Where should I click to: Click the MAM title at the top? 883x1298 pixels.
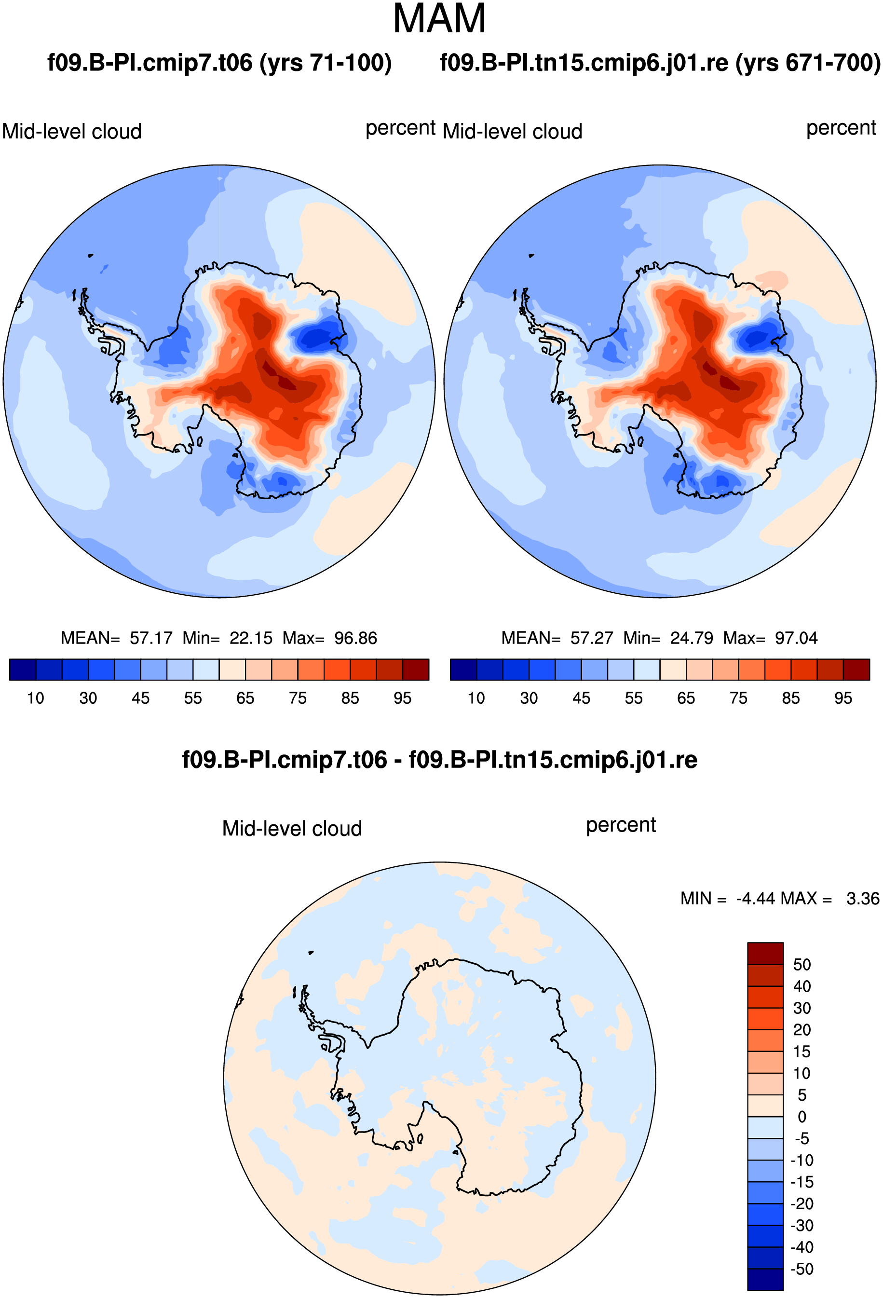[x=439, y=19]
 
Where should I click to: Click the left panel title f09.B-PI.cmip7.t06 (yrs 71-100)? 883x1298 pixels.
[x=219, y=63]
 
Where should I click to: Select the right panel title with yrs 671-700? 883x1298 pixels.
[x=660, y=63]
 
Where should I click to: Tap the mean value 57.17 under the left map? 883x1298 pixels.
[x=151, y=638]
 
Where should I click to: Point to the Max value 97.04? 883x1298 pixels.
[x=796, y=638]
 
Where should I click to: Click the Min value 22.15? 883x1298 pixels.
[x=251, y=638]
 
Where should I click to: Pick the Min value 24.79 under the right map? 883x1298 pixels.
[x=692, y=638]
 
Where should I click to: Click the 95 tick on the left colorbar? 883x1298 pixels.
[x=402, y=698]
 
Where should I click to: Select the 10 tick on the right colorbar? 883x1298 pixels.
[x=476, y=698]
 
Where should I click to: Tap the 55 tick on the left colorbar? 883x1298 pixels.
[x=193, y=698]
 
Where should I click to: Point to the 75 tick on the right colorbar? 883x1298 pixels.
[x=738, y=698]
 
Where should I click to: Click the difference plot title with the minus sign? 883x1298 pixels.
[x=439, y=760]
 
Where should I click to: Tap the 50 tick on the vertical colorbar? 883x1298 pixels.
[x=801, y=965]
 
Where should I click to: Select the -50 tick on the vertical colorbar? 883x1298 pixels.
[x=801, y=1269]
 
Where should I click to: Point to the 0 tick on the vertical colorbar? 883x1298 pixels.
[x=801, y=1117]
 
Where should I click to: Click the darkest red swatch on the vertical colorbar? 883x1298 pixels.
[x=765, y=954]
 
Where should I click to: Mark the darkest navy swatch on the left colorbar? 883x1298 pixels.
[x=23, y=669]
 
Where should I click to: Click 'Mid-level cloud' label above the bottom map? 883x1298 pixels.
[x=292, y=828]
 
